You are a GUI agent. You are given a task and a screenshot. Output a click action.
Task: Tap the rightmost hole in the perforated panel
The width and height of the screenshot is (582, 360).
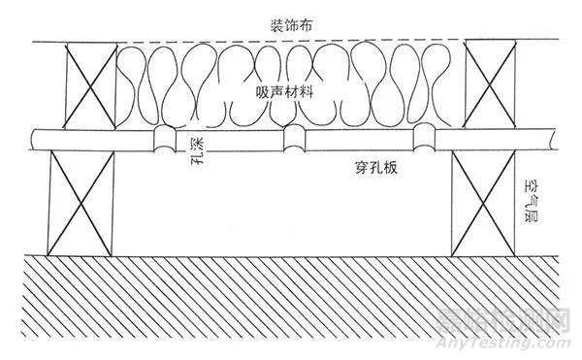[424, 140]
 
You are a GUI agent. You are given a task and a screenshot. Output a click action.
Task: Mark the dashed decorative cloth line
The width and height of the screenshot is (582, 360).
[291, 42]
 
